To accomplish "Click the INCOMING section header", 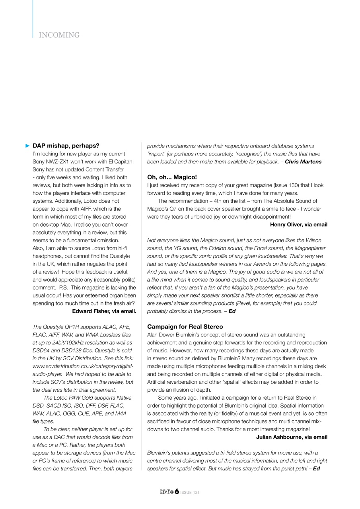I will pos(59,35).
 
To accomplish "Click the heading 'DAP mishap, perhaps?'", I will pos(66,146).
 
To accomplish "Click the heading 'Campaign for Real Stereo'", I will pos(185,327).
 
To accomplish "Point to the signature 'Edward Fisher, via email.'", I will pos(104,311).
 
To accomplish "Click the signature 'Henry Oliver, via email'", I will pos(298,225).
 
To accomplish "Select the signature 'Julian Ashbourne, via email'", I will pos(292,437).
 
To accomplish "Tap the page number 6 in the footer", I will pos(176,492).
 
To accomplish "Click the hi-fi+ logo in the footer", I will pos(166,492).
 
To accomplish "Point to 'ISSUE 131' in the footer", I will pos(190,493).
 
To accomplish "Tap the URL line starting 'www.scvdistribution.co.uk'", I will pos(83,366).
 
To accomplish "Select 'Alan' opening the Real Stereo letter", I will pos(153,335).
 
